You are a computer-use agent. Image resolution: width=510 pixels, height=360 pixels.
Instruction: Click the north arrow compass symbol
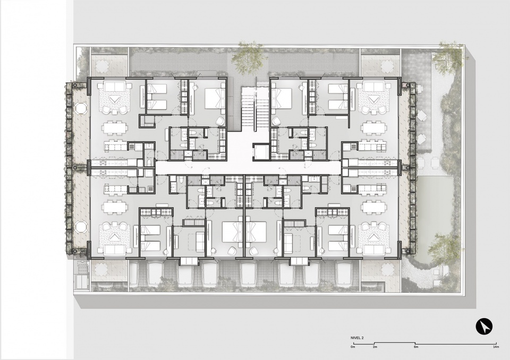click(484, 325)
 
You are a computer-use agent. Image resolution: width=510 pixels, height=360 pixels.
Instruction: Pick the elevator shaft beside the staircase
click(261, 152)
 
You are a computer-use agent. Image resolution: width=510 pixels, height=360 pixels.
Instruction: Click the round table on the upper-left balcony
click(81, 108)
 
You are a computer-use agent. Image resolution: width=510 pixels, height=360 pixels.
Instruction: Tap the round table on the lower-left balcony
click(81, 227)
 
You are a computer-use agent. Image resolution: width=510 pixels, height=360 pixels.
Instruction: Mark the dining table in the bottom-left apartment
click(114, 206)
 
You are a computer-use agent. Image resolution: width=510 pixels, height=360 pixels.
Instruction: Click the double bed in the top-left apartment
click(215, 97)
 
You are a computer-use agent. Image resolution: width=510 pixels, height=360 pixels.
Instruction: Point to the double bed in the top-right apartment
click(282, 97)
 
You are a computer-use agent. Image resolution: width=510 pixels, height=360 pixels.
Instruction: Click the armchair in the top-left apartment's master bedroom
click(220, 122)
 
